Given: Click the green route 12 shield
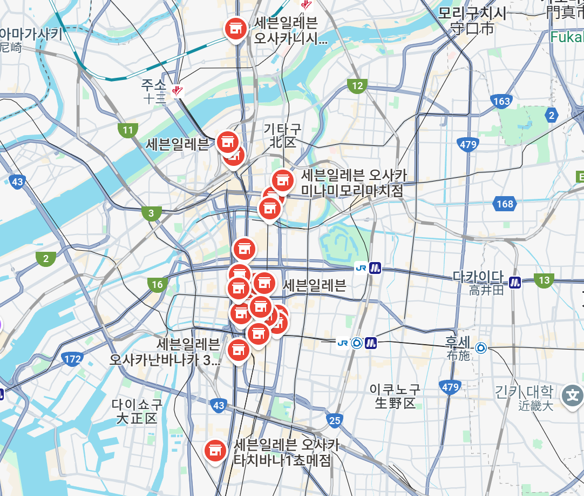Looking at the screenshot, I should [x=357, y=85].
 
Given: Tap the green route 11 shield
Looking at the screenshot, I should [x=128, y=130].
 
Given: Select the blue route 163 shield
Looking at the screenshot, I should [x=501, y=101].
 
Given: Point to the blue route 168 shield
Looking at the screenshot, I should [x=505, y=204].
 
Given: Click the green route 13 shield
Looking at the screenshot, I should [x=544, y=280].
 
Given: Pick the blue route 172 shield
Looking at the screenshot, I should [x=72, y=359].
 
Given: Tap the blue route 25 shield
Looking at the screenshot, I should [x=335, y=420].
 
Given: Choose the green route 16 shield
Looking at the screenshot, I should [x=157, y=284].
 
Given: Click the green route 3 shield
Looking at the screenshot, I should [x=151, y=213].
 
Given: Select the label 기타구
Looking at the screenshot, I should [x=282, y=129].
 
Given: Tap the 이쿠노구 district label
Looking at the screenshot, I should [x=395, y=389].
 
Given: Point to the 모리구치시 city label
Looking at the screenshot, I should [x=472, y=13].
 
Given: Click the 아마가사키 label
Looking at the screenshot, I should [x=31, y=35].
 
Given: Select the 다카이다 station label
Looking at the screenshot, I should [x=478, y=277].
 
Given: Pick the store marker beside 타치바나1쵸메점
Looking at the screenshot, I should [x=215, y=450].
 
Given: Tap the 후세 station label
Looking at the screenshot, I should [x=458, y=341].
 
